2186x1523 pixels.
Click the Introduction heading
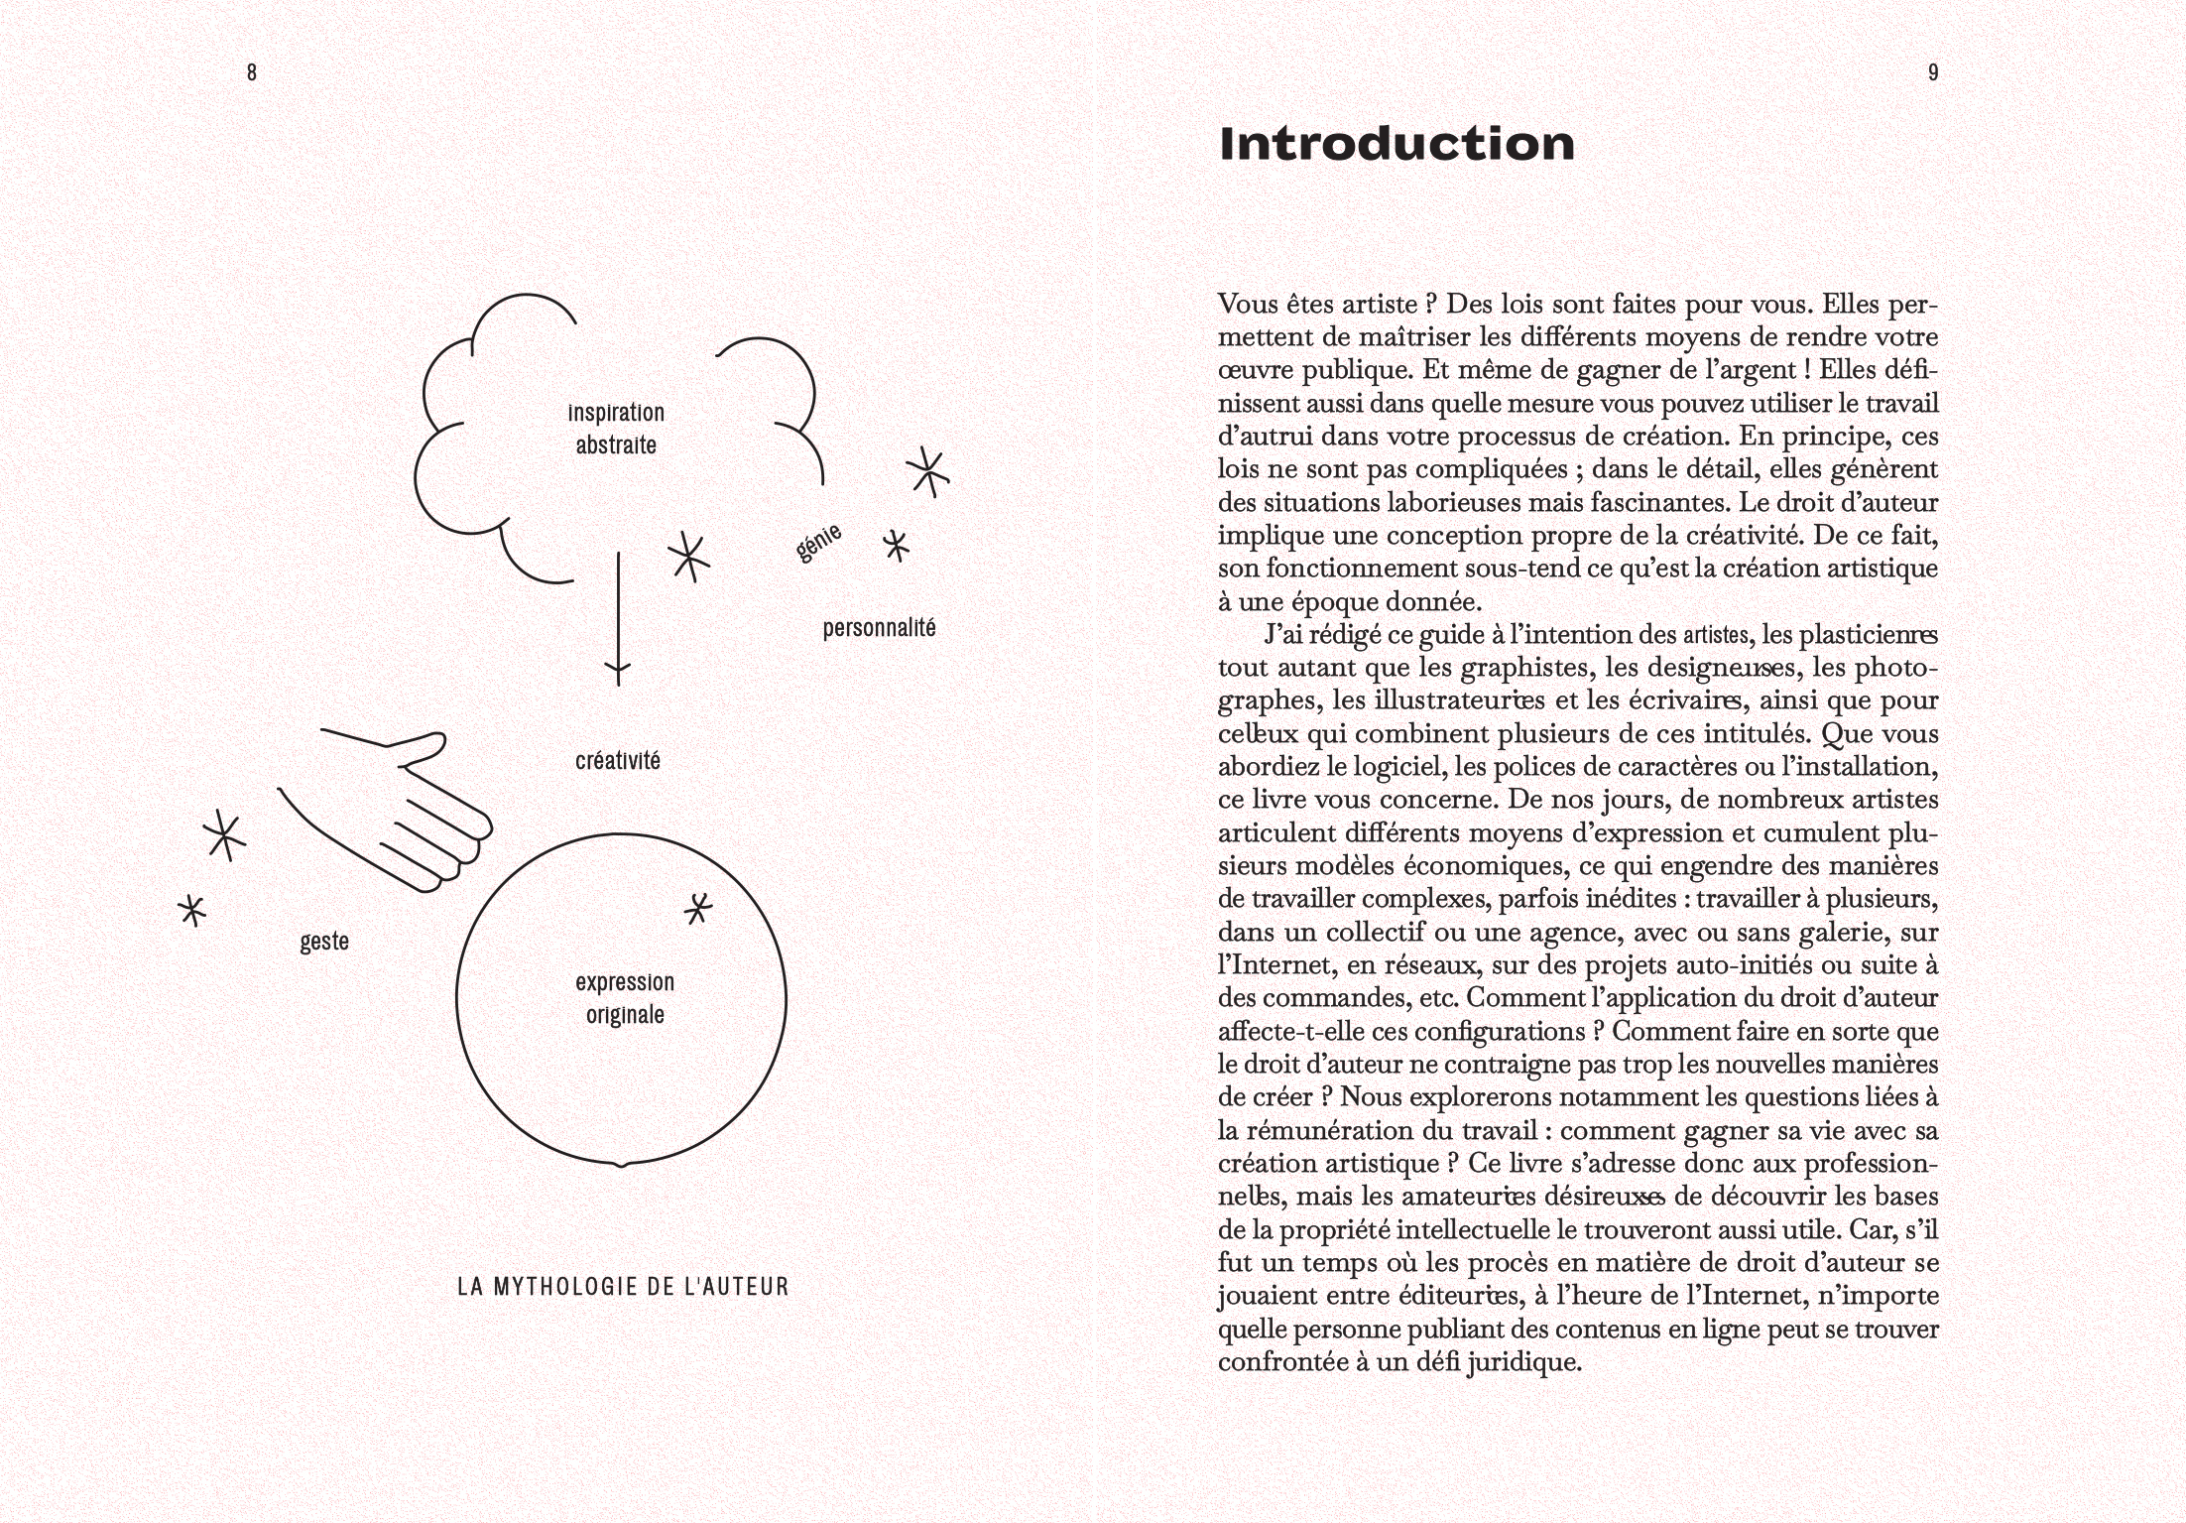point(1396,144)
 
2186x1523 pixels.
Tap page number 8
point(252,72)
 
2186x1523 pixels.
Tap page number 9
point(1932,72)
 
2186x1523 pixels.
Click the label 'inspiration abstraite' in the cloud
point(616,429)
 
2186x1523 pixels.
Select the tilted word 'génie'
point(819,543)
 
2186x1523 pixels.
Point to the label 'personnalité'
point(879,628)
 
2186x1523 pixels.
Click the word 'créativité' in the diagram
point(617,761)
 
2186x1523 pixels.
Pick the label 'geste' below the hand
point(324,941)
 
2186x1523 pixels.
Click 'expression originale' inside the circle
point(625,998)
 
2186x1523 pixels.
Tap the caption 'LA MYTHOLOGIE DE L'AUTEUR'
point(623,1287)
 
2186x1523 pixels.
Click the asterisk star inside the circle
point(699,908)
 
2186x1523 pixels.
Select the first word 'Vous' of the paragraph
point(1248,304)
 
